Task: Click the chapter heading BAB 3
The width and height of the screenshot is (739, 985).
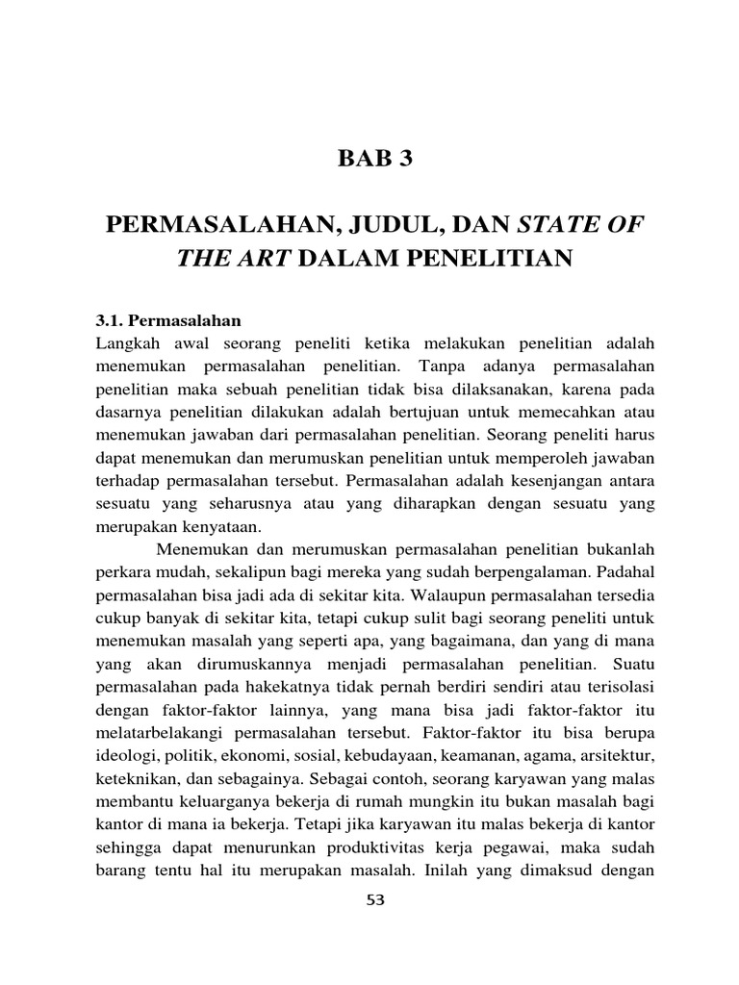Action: pyautogui.click(x=374, y=159)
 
